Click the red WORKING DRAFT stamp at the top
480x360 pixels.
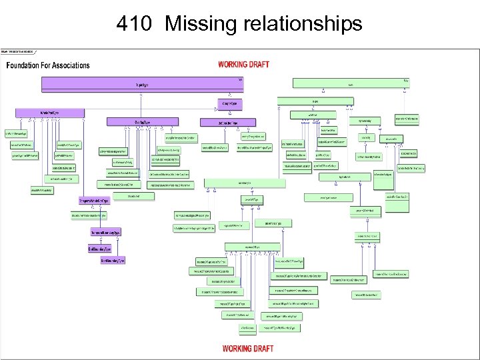point(244,64)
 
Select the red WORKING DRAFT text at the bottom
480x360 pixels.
point(247,348)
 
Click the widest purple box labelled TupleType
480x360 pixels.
point(142,85)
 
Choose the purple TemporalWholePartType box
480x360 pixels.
point(93,200)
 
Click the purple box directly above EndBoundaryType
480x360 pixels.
point(105,232)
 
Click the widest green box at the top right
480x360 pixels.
point(350,84)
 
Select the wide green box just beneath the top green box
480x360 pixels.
point(315,102)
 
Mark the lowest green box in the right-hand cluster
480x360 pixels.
point(367,294)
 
